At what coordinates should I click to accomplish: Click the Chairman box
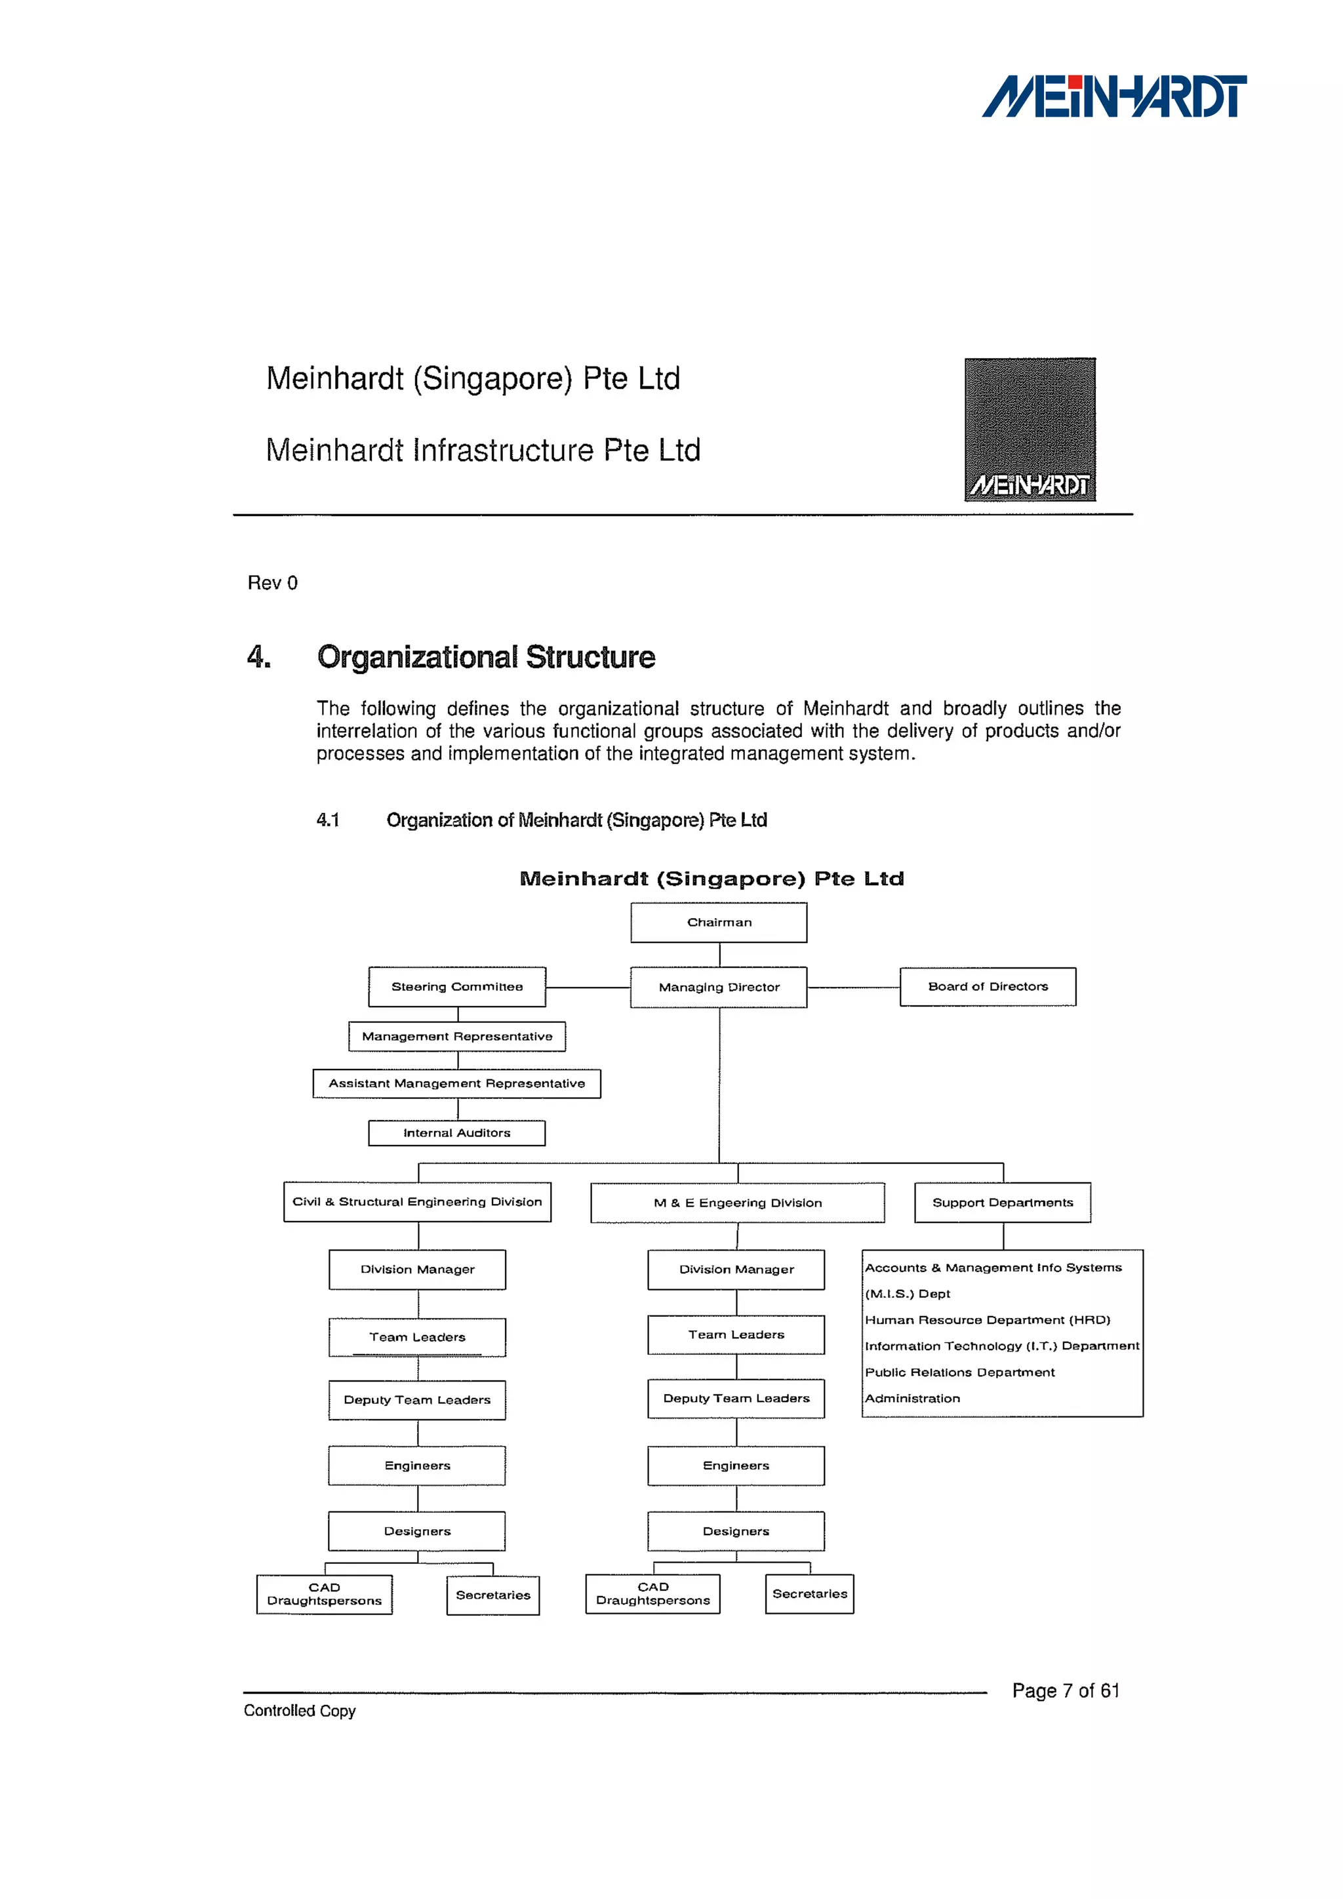click(719, 922)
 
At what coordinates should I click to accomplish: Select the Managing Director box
click(719, 987)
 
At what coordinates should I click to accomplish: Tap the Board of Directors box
click(988, 987)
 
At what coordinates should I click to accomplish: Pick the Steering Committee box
click(456, 987)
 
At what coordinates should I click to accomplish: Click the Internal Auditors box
click(456, 1133)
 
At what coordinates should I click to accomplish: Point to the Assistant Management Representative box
click(456, 1083)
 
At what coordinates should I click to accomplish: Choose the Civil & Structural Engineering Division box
click(417, 1202)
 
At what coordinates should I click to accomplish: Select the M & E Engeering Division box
click(737, 1203)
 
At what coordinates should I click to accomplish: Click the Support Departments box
click(1002, 1203)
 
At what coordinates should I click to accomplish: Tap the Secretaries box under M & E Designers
click(810, 1594)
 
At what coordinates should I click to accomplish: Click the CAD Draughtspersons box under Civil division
click(324, 1594)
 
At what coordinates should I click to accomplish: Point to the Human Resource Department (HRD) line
click(988, 1320)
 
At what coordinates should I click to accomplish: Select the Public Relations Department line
click(959, 1372)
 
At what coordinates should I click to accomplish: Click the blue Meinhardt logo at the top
click(1114, 97)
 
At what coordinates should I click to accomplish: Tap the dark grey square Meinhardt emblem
click(1030, 430)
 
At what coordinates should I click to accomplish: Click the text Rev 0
click(272, 583)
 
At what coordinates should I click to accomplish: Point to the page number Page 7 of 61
click(1065, 1690)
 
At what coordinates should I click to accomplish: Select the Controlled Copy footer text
click(300, 1710)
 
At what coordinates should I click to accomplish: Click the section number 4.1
click(327, 820)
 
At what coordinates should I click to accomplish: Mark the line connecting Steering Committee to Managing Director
click(588, 988)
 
